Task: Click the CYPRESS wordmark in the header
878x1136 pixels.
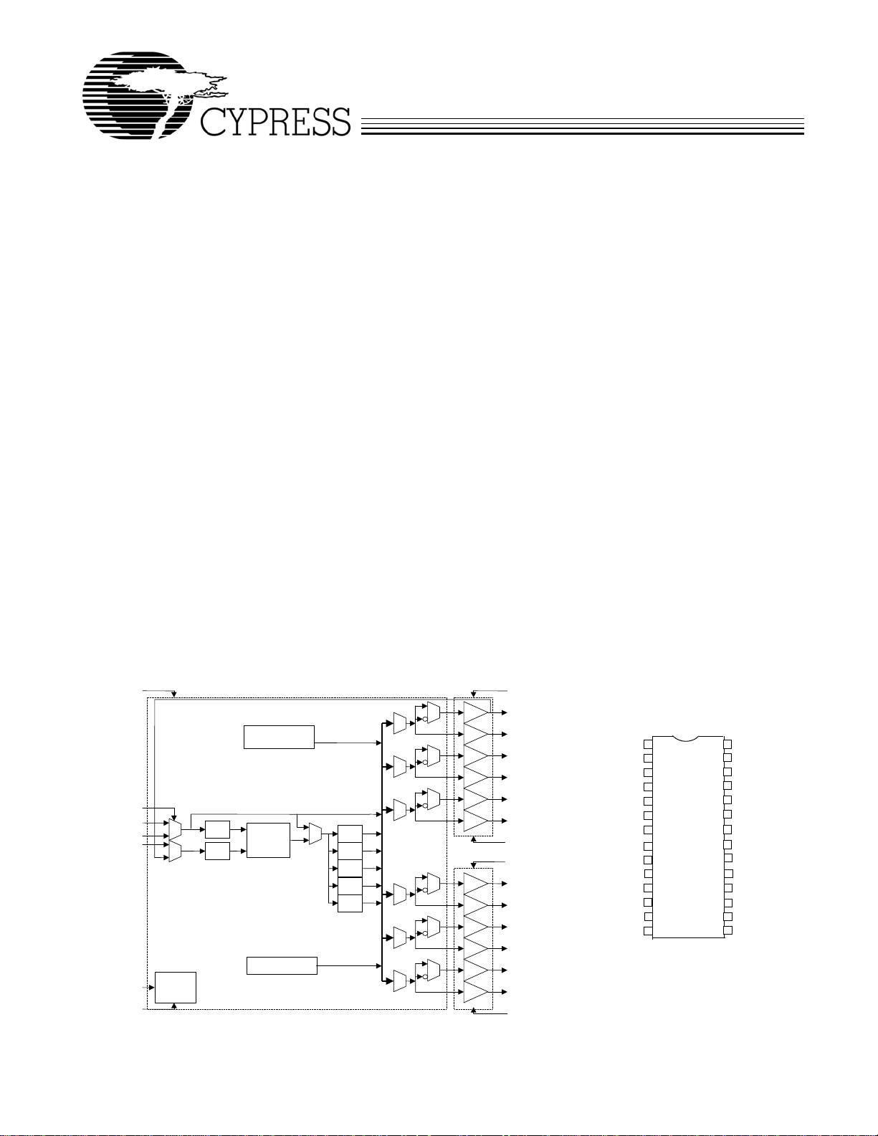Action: coord(275,122)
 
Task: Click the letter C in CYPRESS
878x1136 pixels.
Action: coord(214,122)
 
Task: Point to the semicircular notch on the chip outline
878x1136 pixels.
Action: coord(685,739)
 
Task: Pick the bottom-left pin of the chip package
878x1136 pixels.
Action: coord(648,931)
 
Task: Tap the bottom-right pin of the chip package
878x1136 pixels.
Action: coord(727,930)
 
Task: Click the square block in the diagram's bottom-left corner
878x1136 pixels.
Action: coord(176,988)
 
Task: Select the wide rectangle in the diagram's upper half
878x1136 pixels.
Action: coord(279,737)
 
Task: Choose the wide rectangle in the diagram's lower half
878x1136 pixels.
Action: coord(282,965)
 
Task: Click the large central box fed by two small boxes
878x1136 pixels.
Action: coord(268,840)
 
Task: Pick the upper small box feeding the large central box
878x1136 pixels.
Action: coord(217,830)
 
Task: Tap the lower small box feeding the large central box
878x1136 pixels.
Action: coord(217,851)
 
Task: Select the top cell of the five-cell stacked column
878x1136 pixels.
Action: coord(350,834)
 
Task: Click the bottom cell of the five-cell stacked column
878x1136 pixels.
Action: coord(350,903)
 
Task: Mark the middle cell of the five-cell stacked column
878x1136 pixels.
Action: coord(350,869)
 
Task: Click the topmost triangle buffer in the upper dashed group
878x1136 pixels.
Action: coord(476,712)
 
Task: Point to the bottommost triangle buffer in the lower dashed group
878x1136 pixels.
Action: coord(476,992)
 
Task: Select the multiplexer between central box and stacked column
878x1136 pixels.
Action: coord(315,834)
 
